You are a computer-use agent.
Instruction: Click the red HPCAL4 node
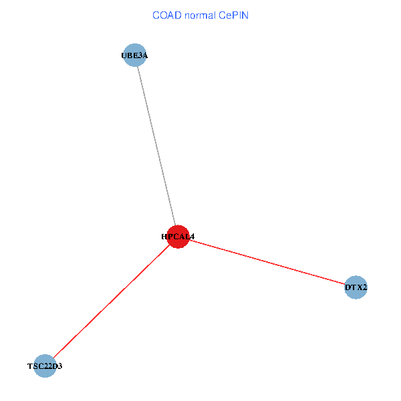178,237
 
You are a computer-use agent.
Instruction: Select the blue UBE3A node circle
134,55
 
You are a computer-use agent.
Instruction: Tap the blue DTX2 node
356,288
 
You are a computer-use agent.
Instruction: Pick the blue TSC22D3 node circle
45,366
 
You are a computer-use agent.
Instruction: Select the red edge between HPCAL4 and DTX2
267,263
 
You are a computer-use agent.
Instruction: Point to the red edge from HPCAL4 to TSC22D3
111,301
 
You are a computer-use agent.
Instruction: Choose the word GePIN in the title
235,15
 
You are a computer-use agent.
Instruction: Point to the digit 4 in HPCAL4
192,237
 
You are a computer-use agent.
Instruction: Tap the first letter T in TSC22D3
30,366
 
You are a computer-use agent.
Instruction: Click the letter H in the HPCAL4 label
164,237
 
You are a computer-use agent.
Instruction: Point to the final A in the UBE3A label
144,56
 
